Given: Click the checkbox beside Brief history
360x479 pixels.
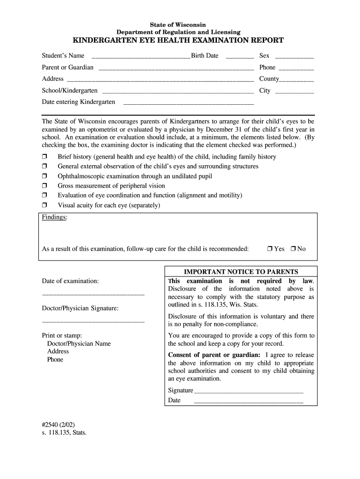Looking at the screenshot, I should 45,157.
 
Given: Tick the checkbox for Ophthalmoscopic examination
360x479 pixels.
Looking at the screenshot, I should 45,176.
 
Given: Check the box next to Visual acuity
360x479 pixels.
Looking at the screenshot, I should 45,205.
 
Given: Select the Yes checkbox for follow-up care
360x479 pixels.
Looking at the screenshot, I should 270,249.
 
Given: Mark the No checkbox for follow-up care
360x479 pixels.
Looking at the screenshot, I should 293,249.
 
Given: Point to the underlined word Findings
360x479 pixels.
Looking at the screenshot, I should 54,218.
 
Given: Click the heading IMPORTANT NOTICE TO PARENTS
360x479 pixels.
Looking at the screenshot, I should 241,272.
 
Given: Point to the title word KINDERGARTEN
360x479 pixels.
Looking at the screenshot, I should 110,41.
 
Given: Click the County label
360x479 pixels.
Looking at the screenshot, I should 269,79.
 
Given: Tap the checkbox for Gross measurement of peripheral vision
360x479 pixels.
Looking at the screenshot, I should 45,186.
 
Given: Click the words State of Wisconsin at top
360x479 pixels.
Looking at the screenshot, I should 178,24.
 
